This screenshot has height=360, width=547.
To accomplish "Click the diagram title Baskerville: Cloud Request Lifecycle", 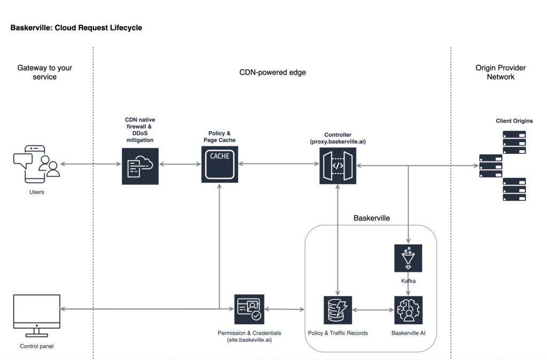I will tap(76, 27).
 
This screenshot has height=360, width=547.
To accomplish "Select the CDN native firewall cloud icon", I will tap(140, 166).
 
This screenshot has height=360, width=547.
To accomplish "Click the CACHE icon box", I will tap(220, 165).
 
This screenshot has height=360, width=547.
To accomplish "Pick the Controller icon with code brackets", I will tap(338, 166).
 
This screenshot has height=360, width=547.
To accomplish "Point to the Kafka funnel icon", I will tap(408, 259).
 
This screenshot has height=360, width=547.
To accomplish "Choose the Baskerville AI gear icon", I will tap(408, 310).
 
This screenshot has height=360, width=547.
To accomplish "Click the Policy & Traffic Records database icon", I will tap(338, 310).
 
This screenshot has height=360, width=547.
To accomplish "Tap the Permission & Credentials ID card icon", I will tap(249, 309).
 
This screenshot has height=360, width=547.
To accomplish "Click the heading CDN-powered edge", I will tap(272, 72).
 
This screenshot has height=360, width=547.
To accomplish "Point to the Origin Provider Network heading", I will tap(501, 72).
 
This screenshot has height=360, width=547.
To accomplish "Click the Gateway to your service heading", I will tap(44, 72).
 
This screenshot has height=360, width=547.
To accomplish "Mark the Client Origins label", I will tap(514, 121).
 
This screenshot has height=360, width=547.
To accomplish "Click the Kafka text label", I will tap(408, 280).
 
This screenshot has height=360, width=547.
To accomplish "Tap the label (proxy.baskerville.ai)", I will tap(338, 142).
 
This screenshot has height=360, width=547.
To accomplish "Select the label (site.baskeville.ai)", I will tap(249, 340).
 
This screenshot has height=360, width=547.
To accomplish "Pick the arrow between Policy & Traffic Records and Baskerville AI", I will tap(372, 310).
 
